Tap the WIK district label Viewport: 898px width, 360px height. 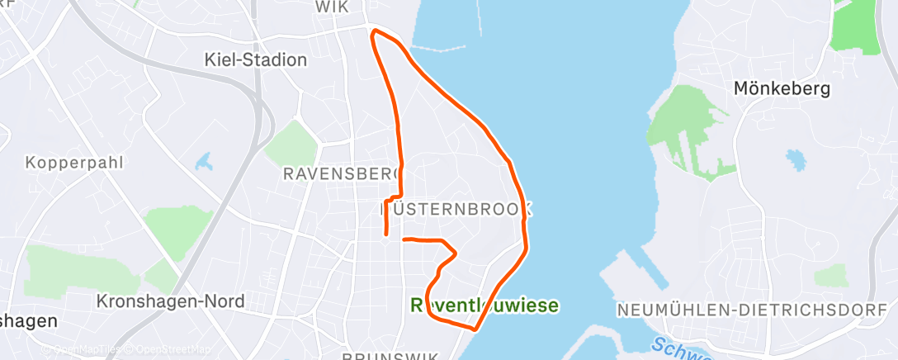pos(333,7)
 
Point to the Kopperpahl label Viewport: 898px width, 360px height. pos(74,163)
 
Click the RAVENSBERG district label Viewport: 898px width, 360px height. pos(341,174)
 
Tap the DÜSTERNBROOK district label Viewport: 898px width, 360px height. pos(456,210)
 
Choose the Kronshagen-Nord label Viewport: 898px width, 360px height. pos(171,301)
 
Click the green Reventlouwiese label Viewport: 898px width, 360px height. pos(484,306)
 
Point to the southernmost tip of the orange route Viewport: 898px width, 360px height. pos(475,330)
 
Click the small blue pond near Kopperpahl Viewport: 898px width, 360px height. pos(203,160)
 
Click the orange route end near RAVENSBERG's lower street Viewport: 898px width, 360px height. pos(386,235)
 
